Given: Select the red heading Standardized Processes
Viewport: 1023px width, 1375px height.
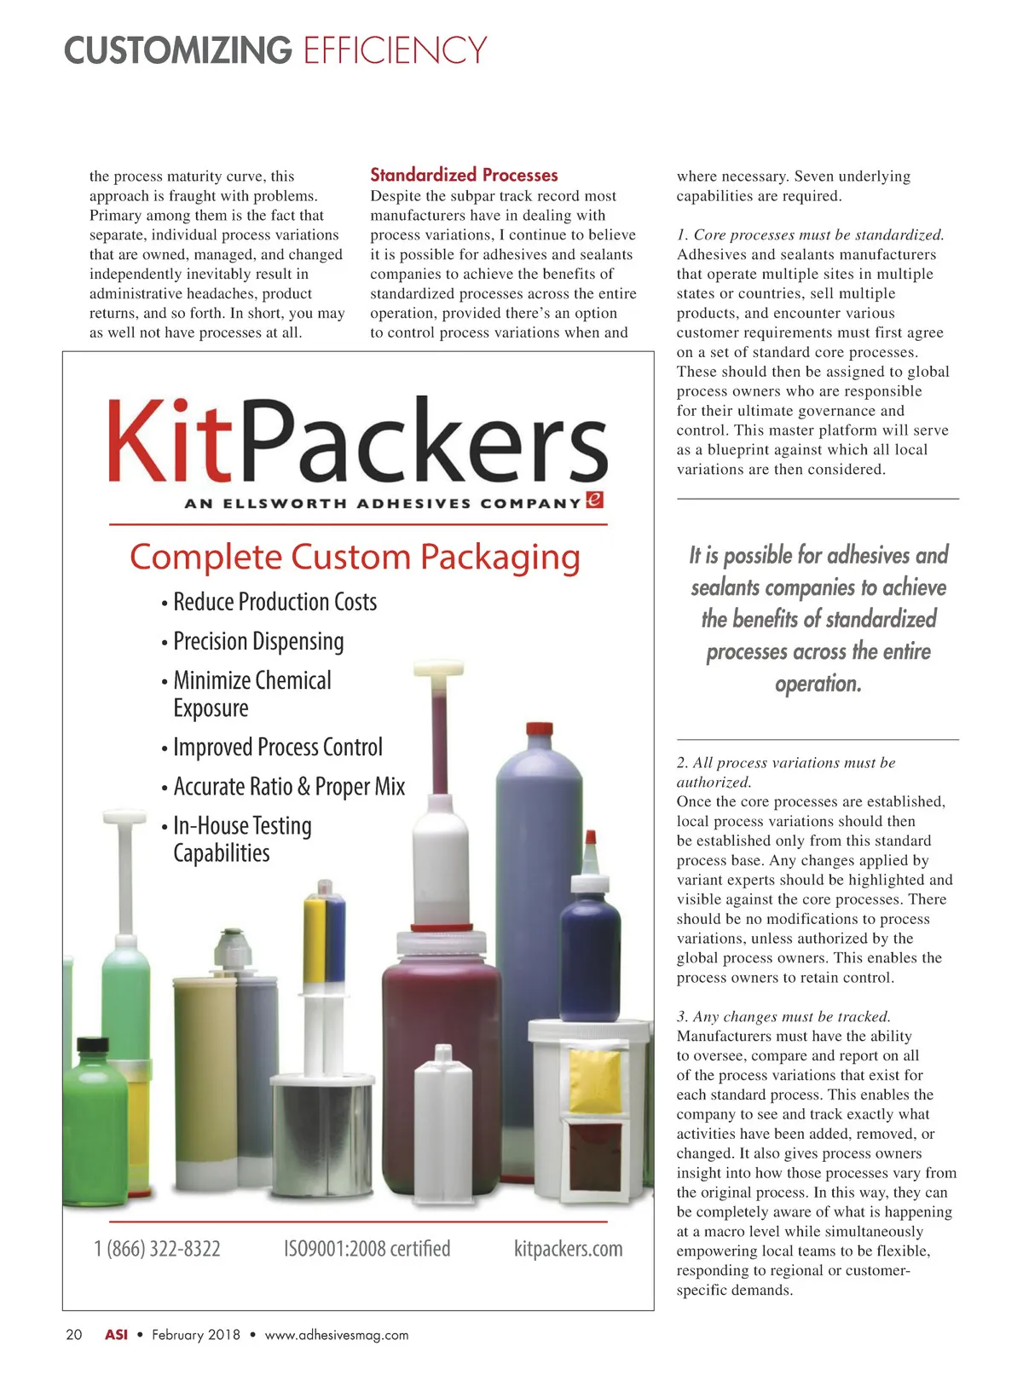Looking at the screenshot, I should click(464, 175).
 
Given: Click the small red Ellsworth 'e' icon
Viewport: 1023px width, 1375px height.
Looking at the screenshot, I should click(595, 500).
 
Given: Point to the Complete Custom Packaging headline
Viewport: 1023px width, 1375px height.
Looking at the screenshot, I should click(355, 558).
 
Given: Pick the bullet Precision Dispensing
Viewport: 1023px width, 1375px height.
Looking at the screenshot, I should click(258, 641).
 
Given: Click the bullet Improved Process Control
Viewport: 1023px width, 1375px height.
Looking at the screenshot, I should click(278, 748).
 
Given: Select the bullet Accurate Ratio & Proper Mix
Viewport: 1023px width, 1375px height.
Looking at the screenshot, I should click(289, 787).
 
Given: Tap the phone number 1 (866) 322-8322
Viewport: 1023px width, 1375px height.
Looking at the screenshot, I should click(157, 1249).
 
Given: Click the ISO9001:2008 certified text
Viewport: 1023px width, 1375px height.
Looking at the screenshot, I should click(367, 1249).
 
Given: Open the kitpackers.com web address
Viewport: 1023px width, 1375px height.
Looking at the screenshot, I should click(568, 1249).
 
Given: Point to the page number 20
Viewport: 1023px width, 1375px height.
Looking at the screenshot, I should click(74, 1334).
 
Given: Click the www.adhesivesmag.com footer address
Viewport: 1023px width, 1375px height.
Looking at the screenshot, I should click(337, 1335).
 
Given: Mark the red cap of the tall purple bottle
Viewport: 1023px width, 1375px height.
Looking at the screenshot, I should click(539, 730).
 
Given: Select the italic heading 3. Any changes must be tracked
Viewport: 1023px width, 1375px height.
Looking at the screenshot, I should click(783, 1016).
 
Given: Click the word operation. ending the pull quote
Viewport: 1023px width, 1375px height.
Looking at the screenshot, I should click(818, 684).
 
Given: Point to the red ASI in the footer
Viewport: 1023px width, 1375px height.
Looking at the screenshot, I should click(116, 1334).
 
